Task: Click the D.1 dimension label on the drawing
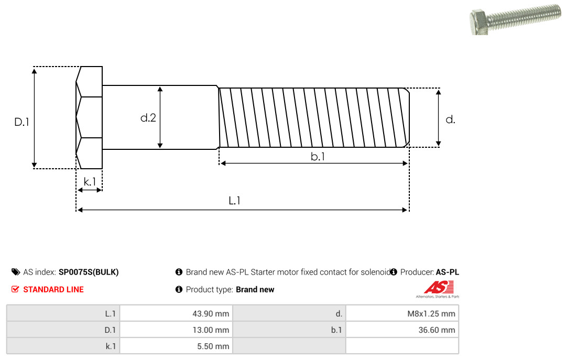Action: [21, 122]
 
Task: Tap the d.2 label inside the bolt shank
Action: [148, 118]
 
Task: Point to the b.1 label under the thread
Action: [318, 156]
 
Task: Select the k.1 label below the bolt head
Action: [90, 182]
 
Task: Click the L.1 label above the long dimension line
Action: [234, 200]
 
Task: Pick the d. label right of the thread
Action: [450, 119]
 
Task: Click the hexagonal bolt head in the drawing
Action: [89, 117]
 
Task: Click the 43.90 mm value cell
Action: [176, 313]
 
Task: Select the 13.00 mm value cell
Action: [176, 330]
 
